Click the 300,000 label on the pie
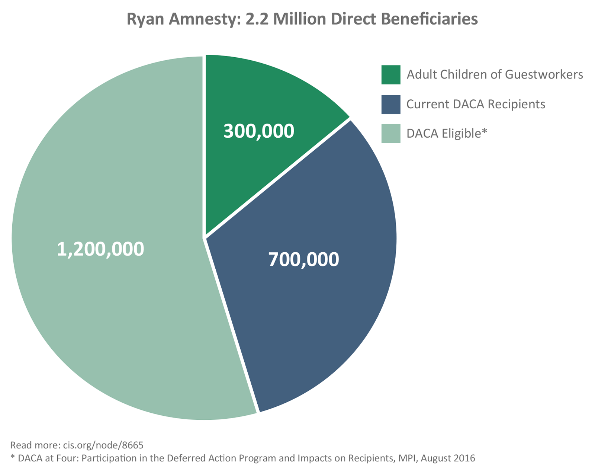pos(258,131)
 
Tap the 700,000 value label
pos(303,259)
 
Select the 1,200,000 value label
pos(100,249)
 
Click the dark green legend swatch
pos(391,75)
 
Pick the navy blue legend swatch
pos(391,104)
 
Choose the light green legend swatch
pos(391,134)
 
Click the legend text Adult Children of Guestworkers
pos(495,75)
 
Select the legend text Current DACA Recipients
pos(476,104)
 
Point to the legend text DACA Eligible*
pos(447,134)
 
